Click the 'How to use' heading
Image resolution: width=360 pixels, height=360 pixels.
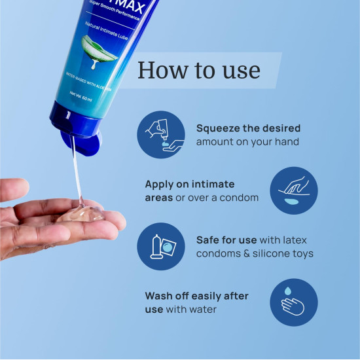[x=199, y=71]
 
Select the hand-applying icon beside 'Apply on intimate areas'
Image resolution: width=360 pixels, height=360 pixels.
[x=294, y=190]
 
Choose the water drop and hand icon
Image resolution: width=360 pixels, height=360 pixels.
[x=294, y=302]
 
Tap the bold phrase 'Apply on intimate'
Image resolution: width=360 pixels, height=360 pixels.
[x=189, y=185]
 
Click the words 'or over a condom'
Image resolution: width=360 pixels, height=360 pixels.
[x=217, y=198]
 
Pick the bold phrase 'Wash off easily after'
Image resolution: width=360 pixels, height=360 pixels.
[x=196, y=296]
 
